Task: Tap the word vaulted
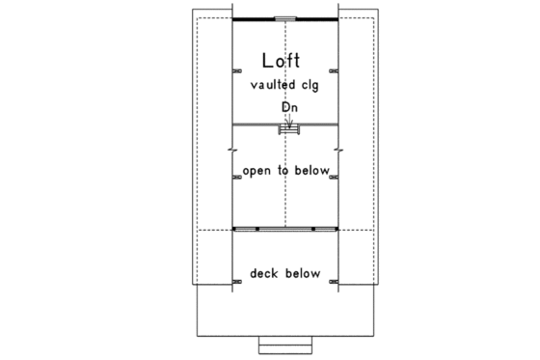coord(270,85)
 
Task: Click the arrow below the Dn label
coord(288,119)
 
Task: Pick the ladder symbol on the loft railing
coord(287,128)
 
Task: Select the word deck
coord(264,273)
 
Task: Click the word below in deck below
coord(302,273)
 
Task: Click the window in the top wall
coord(285,17)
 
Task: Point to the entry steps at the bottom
coord(285,345)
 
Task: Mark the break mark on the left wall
coord(232,151)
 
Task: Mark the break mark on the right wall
coord(338,151)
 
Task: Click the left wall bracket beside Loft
coord(237,70)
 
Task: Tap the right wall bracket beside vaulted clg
coord(334,70)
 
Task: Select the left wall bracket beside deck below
coord(237,282)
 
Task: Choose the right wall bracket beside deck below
coord(334,282)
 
